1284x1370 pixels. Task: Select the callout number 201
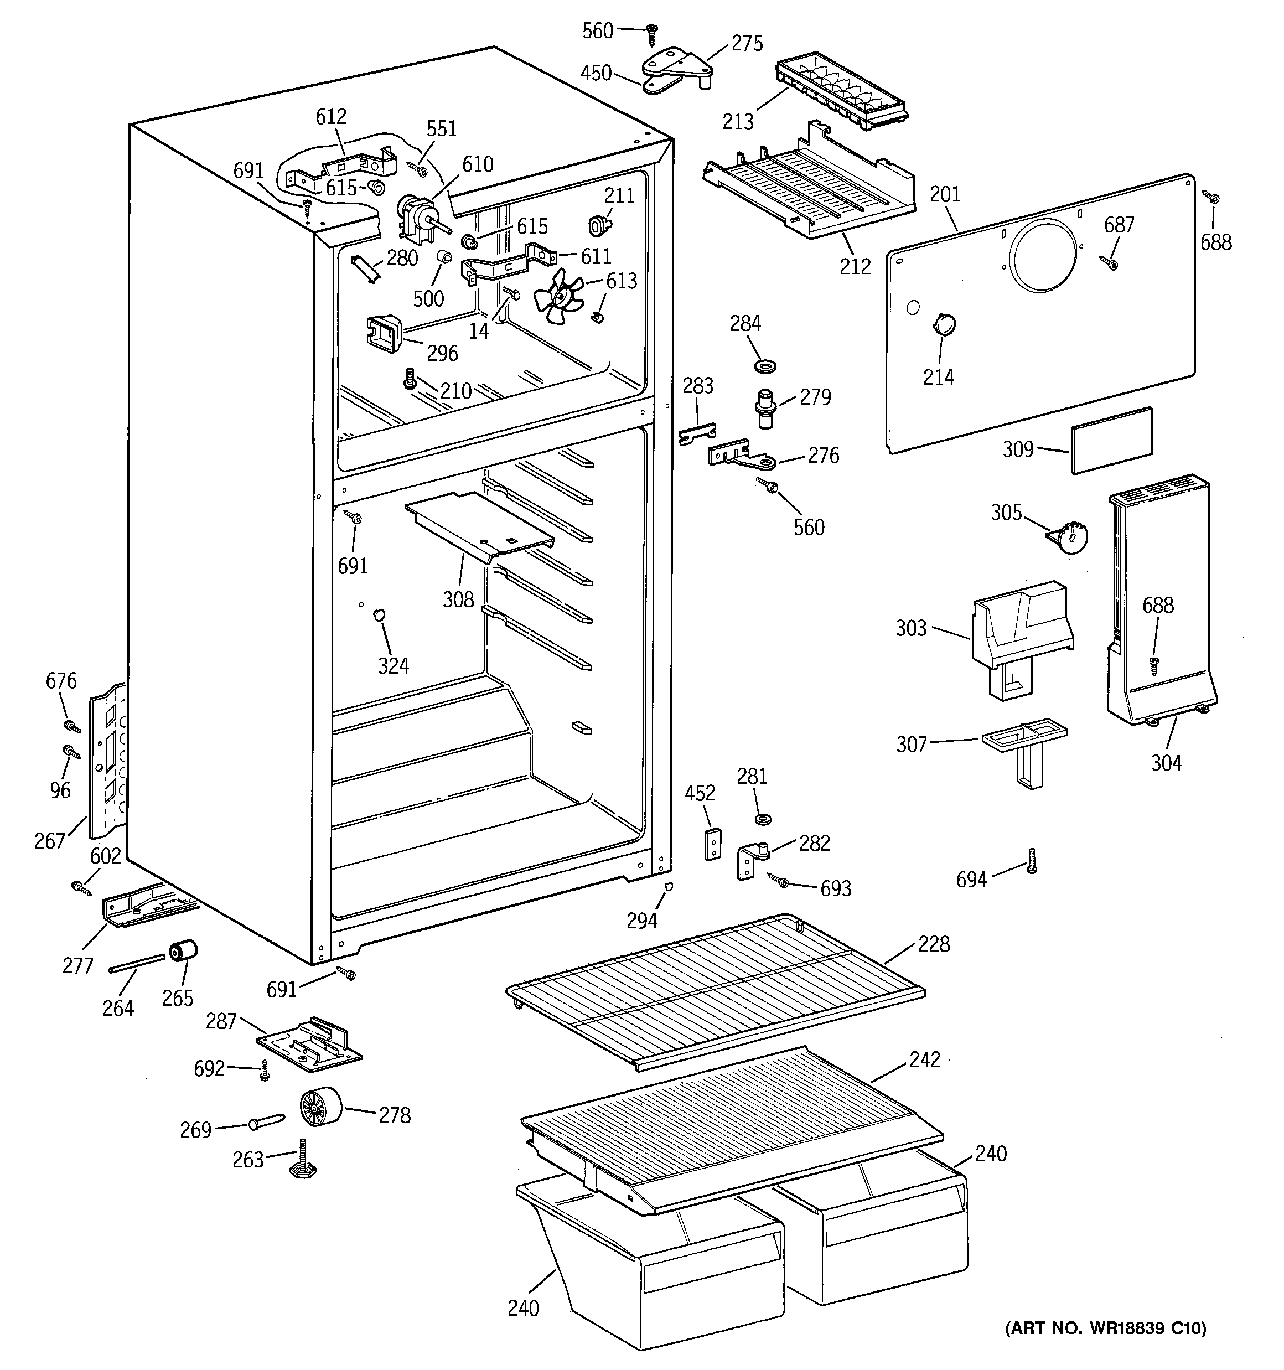point(944,195)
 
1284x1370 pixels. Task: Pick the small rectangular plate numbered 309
point(1111,441)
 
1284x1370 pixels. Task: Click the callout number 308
point(458,599)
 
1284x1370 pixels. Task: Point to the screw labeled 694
point(1031,861)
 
